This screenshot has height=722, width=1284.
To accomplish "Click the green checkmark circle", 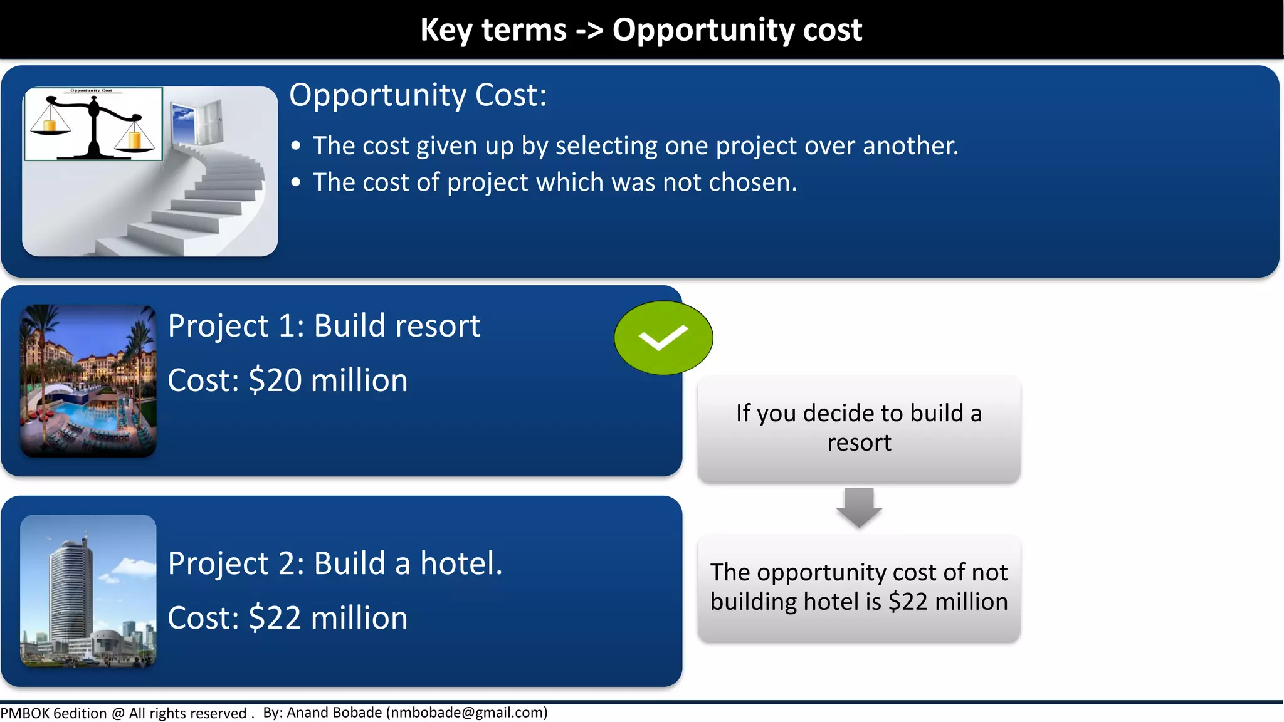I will point(663,338).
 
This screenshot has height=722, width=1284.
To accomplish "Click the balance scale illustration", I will point(93,124).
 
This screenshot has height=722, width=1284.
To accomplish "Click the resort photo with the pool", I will point(88,380).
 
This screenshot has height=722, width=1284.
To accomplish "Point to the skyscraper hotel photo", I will point(88,590).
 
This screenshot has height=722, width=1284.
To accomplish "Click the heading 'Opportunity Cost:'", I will point(418,95).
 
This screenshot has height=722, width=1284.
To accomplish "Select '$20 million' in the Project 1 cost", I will point(328,380).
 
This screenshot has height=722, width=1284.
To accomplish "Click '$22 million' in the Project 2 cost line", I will point(328,618).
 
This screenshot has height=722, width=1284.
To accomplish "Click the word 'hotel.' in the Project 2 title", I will point(461,563).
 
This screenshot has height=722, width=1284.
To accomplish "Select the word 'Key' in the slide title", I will point(446,30).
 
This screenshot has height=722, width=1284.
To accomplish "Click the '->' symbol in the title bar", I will point(589,30).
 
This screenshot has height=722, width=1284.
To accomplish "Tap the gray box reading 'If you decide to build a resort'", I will point(859,429).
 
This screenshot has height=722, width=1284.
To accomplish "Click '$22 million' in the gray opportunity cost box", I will point(948,602).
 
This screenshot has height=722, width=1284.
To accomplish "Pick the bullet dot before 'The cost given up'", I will point(296,146).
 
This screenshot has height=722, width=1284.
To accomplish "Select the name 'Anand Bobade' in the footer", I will point(334,713).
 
